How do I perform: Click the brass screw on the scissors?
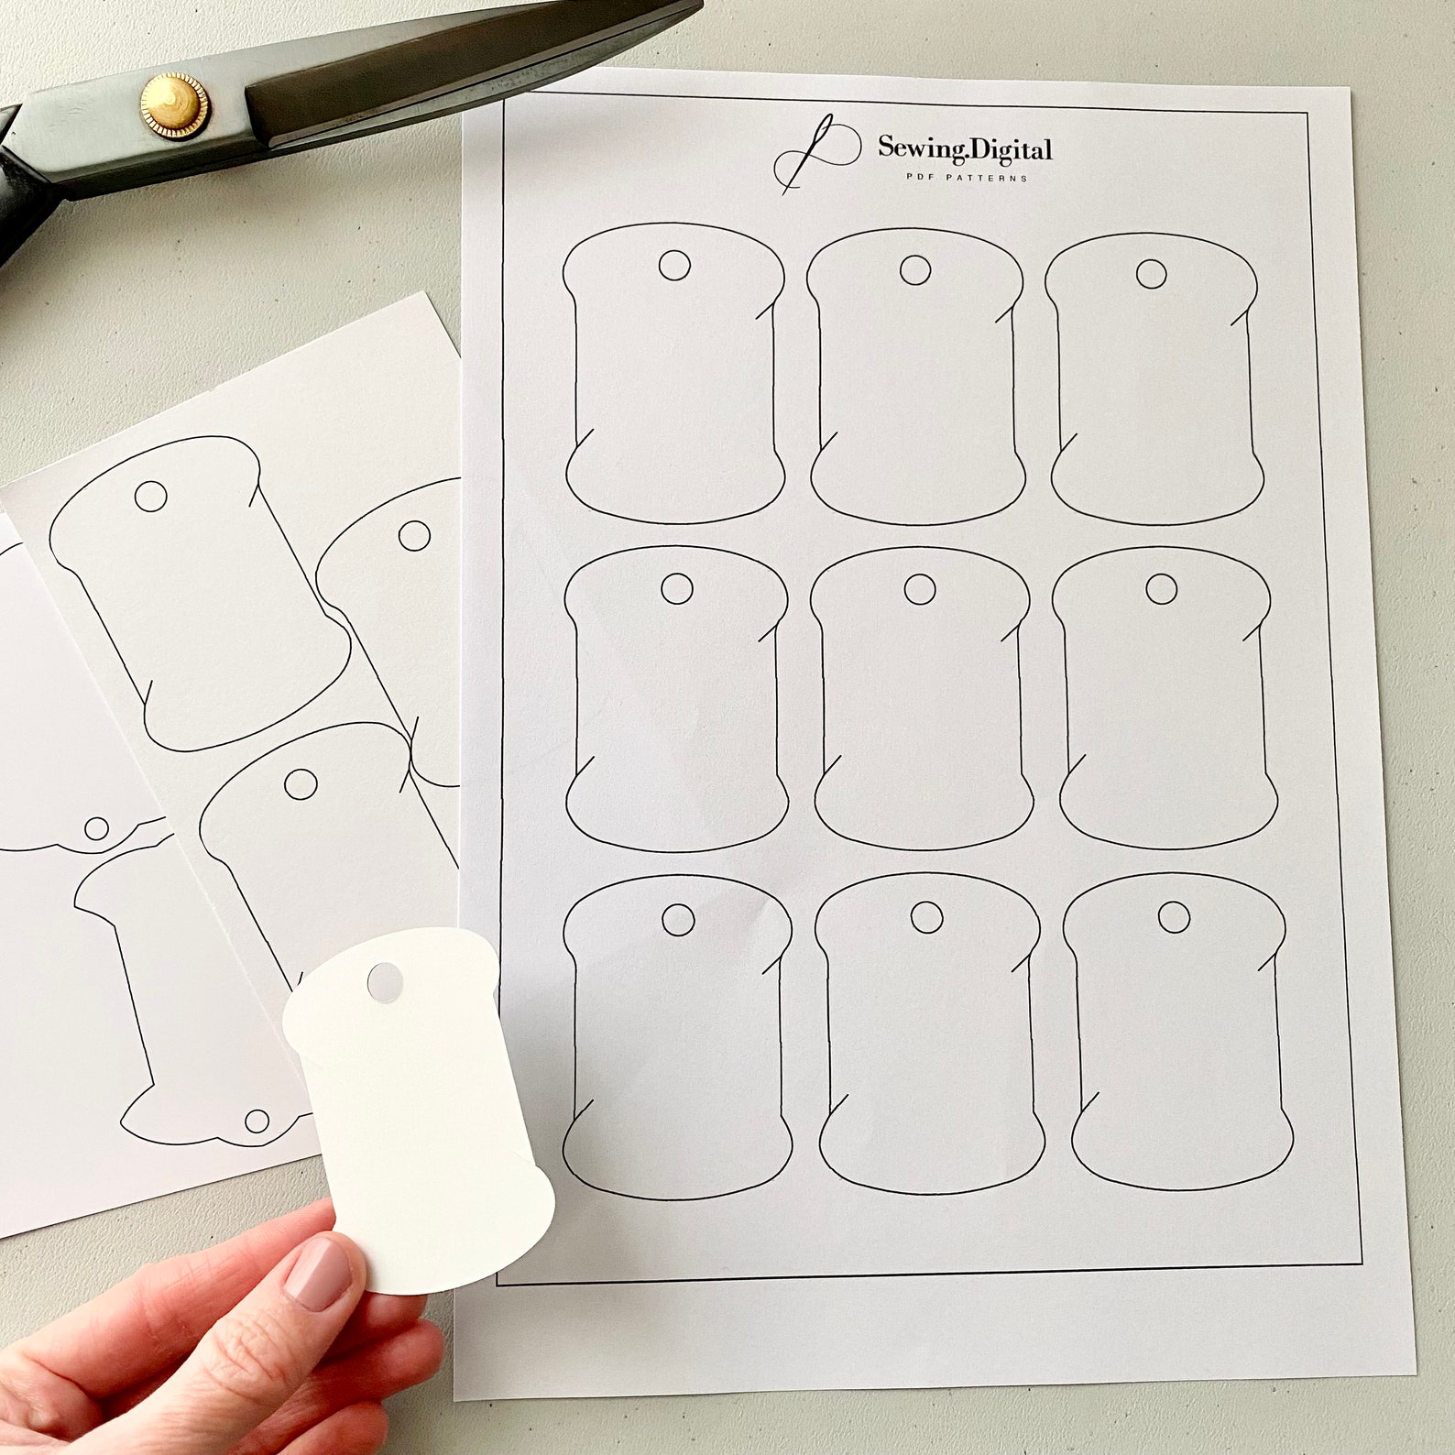[173, 103]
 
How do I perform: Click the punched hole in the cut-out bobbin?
[384, 981]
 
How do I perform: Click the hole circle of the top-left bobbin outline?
[674, 266]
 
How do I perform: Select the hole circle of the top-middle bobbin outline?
[915, 269]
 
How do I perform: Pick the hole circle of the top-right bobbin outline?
[1152, 273]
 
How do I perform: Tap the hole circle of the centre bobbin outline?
[919, 590]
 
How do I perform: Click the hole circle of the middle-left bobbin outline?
[676, 589]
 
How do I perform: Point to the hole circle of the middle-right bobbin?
[1161, 589]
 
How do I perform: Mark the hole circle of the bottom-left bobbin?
[678, 919]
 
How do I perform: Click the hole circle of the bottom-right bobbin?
[1174, 916]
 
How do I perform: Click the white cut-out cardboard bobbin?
[421, 1109]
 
